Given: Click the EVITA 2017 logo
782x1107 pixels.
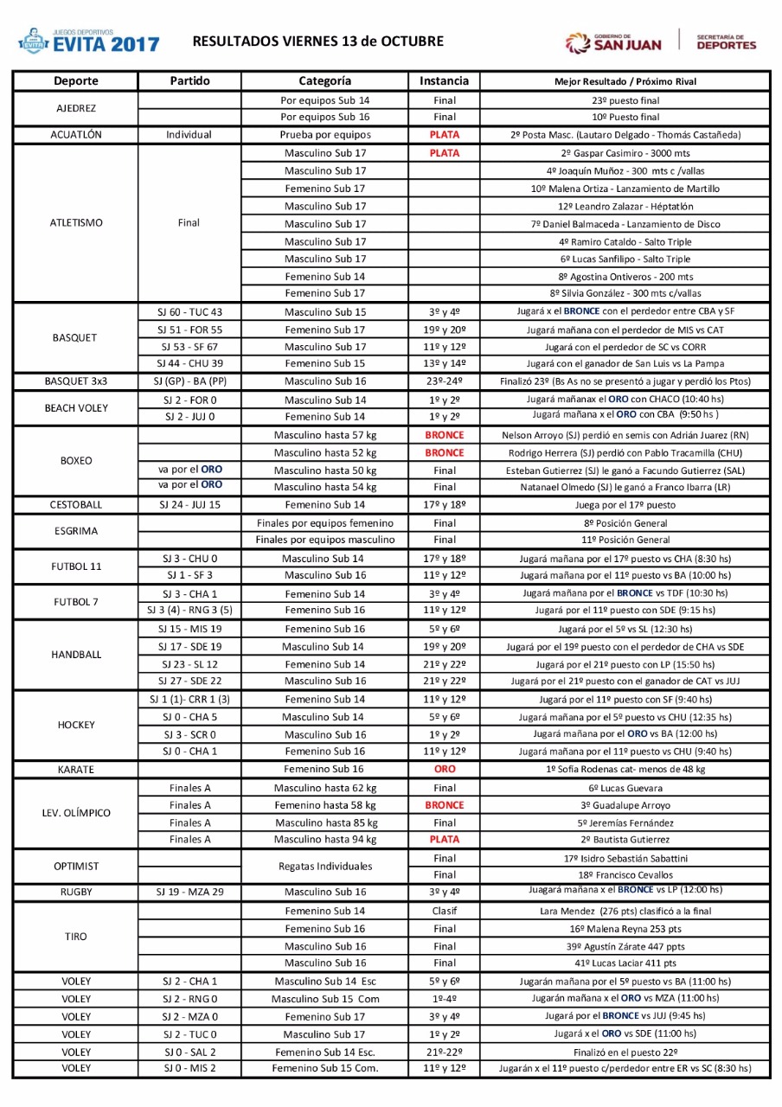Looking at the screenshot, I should pos(89,41).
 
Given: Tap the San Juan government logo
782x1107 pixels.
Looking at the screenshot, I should pos(613,42).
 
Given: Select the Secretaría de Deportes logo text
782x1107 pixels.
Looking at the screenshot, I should pos(726,42).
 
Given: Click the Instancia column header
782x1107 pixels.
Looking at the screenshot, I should pos(444,80).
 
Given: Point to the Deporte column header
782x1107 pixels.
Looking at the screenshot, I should pos(76,80).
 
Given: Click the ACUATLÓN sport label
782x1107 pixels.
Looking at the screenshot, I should pos(76,135).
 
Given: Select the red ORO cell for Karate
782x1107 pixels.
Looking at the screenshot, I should pos(444,769).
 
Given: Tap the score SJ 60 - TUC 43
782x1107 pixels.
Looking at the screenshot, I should pos(189,311).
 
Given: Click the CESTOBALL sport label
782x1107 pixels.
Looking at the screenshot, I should pos(76,504).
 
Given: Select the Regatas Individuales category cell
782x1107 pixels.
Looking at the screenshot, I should pos(324,866).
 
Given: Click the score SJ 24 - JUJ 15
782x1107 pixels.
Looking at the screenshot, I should pos(189,504).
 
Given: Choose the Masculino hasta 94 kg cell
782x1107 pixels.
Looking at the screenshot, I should pos(324,839).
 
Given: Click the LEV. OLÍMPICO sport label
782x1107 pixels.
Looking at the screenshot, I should pos(76,813).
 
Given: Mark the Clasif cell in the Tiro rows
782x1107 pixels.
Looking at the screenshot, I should pos(444,911).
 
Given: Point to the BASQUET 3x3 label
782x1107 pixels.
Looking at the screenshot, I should pos(76,381).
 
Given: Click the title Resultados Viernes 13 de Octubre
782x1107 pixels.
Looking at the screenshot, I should pos(317,41).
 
